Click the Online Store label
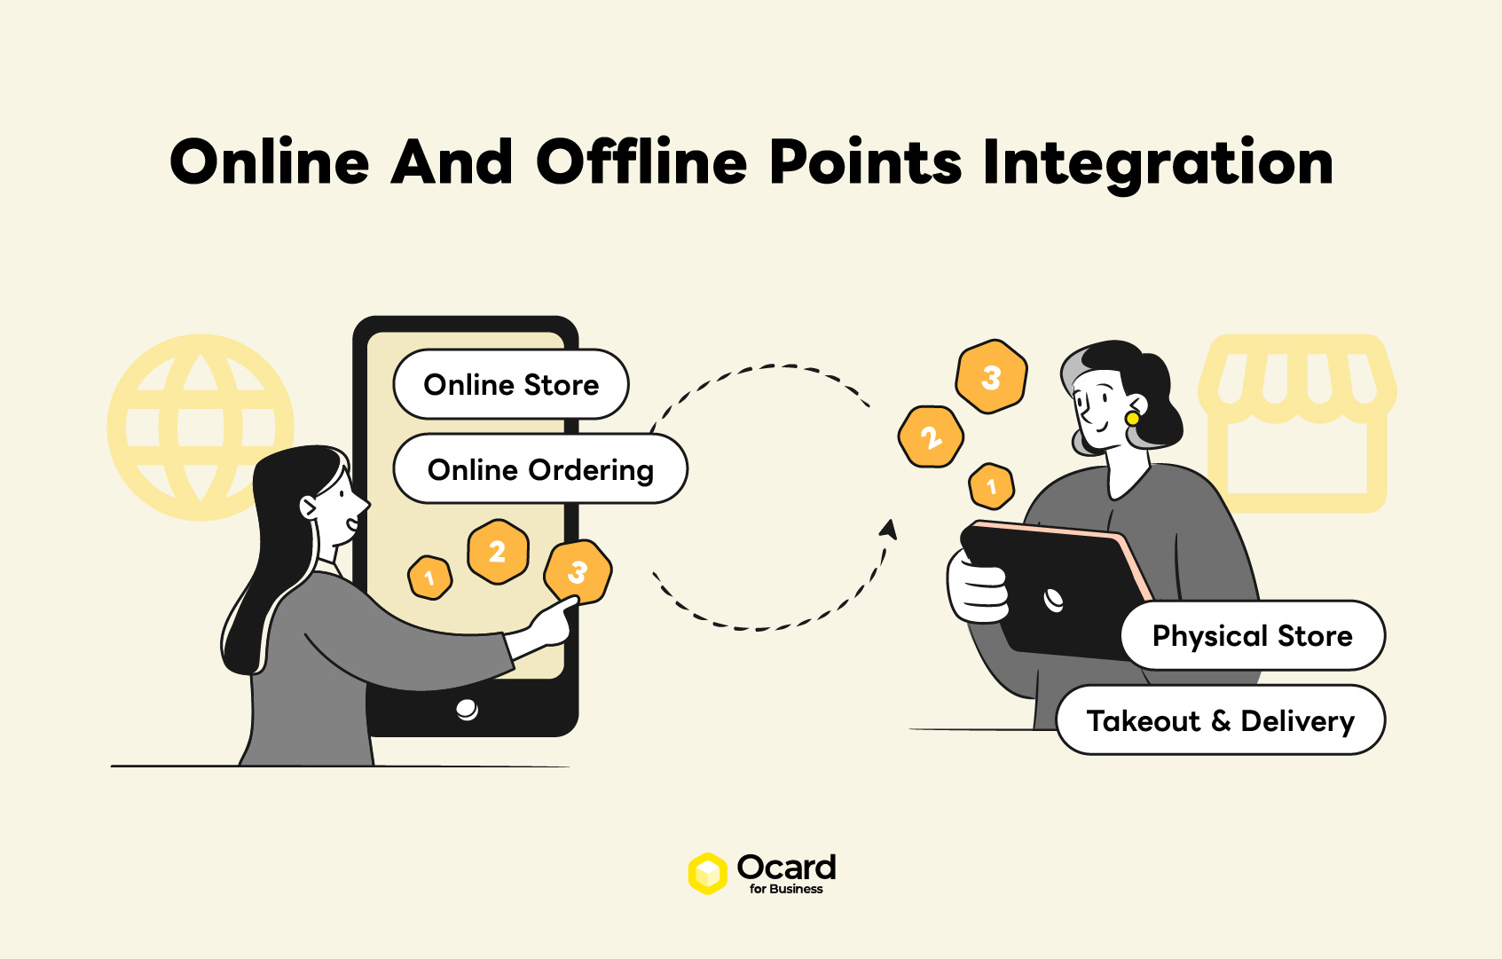click(511, 384)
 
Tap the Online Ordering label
click(540, 468)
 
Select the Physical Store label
click(1253, 635)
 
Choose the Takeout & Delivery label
click(1221, 720)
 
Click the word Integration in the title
click(1158, 163)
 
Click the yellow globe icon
click(201, 428)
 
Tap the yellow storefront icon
click(1297, 423)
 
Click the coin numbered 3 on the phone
click(578, 572)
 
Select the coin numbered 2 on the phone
click(498, 551)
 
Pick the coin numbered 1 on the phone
click(429, 578)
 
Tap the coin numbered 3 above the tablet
click(991, 377)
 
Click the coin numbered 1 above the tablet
click(991, 486)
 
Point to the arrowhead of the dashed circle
click(889, 529)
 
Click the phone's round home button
click(467, 709)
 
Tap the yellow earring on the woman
click(1132, 419)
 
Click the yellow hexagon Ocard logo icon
click(707, 873)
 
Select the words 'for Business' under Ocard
click(786, 889)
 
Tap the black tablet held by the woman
click(1053, 590)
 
